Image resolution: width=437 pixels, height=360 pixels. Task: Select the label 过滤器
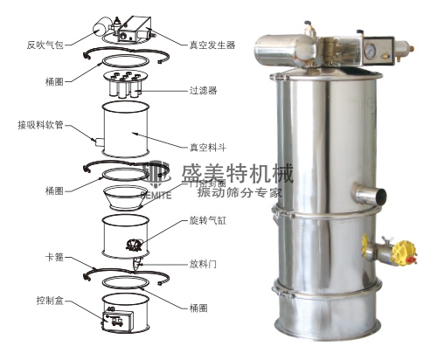(x=203, y=89)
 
